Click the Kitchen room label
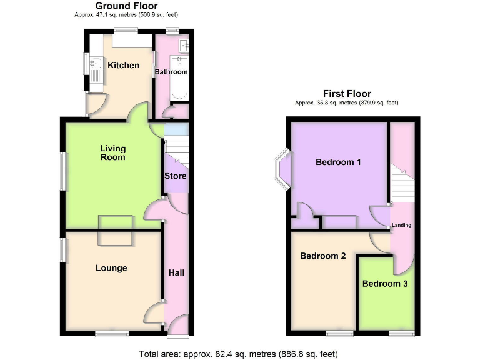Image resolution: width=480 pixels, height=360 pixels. click(x=123, y=65)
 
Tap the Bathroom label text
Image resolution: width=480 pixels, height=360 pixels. click(x=171, y=72)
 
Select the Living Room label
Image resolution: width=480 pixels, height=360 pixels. click(x=113, y=152)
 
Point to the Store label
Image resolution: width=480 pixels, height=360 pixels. click(x=176, y=176)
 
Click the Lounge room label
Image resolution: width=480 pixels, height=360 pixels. click(x=111, y=268)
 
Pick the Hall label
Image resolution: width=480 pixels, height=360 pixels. click(x=177, y=273)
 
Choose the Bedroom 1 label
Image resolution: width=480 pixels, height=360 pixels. click(x=338, y=162)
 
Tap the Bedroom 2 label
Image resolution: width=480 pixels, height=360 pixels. click(x=323, y=256)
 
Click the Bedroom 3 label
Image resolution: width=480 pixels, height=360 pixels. click(x=385, y=284)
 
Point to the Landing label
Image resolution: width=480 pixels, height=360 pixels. click(x=401, y=225)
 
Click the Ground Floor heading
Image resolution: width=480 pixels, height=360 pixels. click(x=126, y=6)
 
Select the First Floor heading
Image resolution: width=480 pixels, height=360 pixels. click(x=346, y=94)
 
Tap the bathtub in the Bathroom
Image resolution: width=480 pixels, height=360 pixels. click(x=179, y=79)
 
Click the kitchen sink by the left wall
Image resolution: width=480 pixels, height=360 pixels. click(x=96, y=63)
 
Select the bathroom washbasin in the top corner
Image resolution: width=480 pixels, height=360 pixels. click(x=184, y=46)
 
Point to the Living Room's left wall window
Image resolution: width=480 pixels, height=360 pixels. click(x=62, y=169)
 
